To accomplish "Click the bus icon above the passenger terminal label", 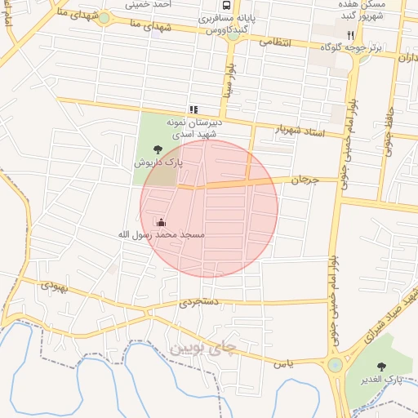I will tap(226, 4).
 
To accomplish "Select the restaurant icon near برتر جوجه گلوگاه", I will tap(350, 35).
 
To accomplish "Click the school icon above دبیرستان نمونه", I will tap(193, 109).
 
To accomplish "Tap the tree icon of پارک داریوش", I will tap(158, 149).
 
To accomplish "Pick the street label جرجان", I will tap(302, 180).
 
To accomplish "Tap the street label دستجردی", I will tap(200, 302).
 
